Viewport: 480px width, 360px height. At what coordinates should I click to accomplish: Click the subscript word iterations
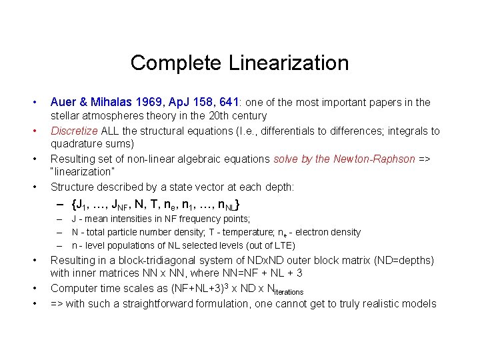pos(285,291)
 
